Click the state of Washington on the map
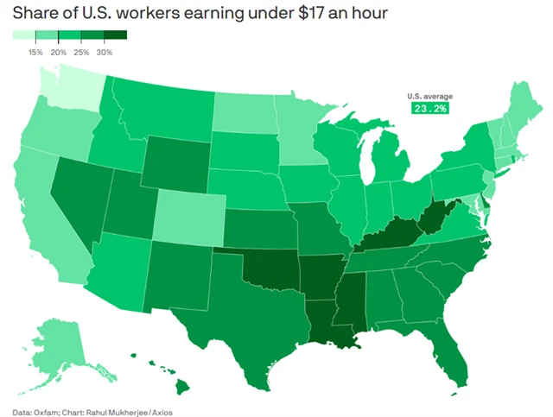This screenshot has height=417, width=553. click(71, 94)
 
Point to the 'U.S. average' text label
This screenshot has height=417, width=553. click(430, 96)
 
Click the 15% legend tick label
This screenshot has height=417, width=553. click(36, 52)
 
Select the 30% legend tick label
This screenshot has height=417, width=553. click(104, 52)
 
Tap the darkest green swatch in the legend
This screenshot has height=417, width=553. click(115, 35)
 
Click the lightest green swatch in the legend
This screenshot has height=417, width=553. click(24, 35)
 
